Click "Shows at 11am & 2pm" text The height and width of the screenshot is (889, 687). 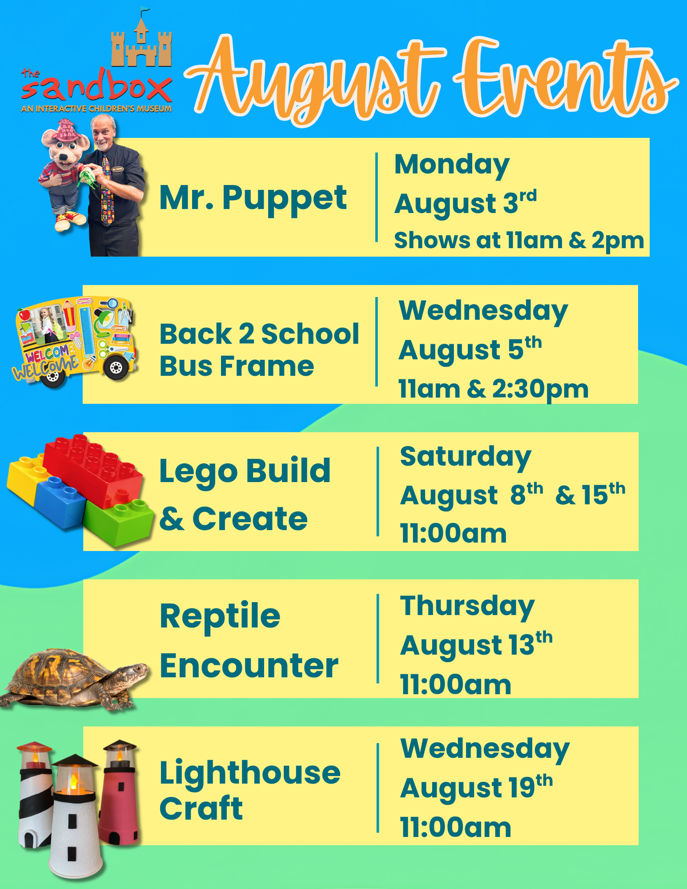point(519,241)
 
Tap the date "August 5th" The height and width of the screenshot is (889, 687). point(470,350)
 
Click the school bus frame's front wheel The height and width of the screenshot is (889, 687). point(117,367)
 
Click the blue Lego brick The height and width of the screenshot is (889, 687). point(60,503)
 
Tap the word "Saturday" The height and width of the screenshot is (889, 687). point(466,457)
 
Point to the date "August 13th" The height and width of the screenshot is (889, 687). point(476,644)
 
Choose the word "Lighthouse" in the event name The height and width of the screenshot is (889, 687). point(250,773)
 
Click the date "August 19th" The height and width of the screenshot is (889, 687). point(476,787)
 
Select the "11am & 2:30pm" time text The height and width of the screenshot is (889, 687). point(494,389)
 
